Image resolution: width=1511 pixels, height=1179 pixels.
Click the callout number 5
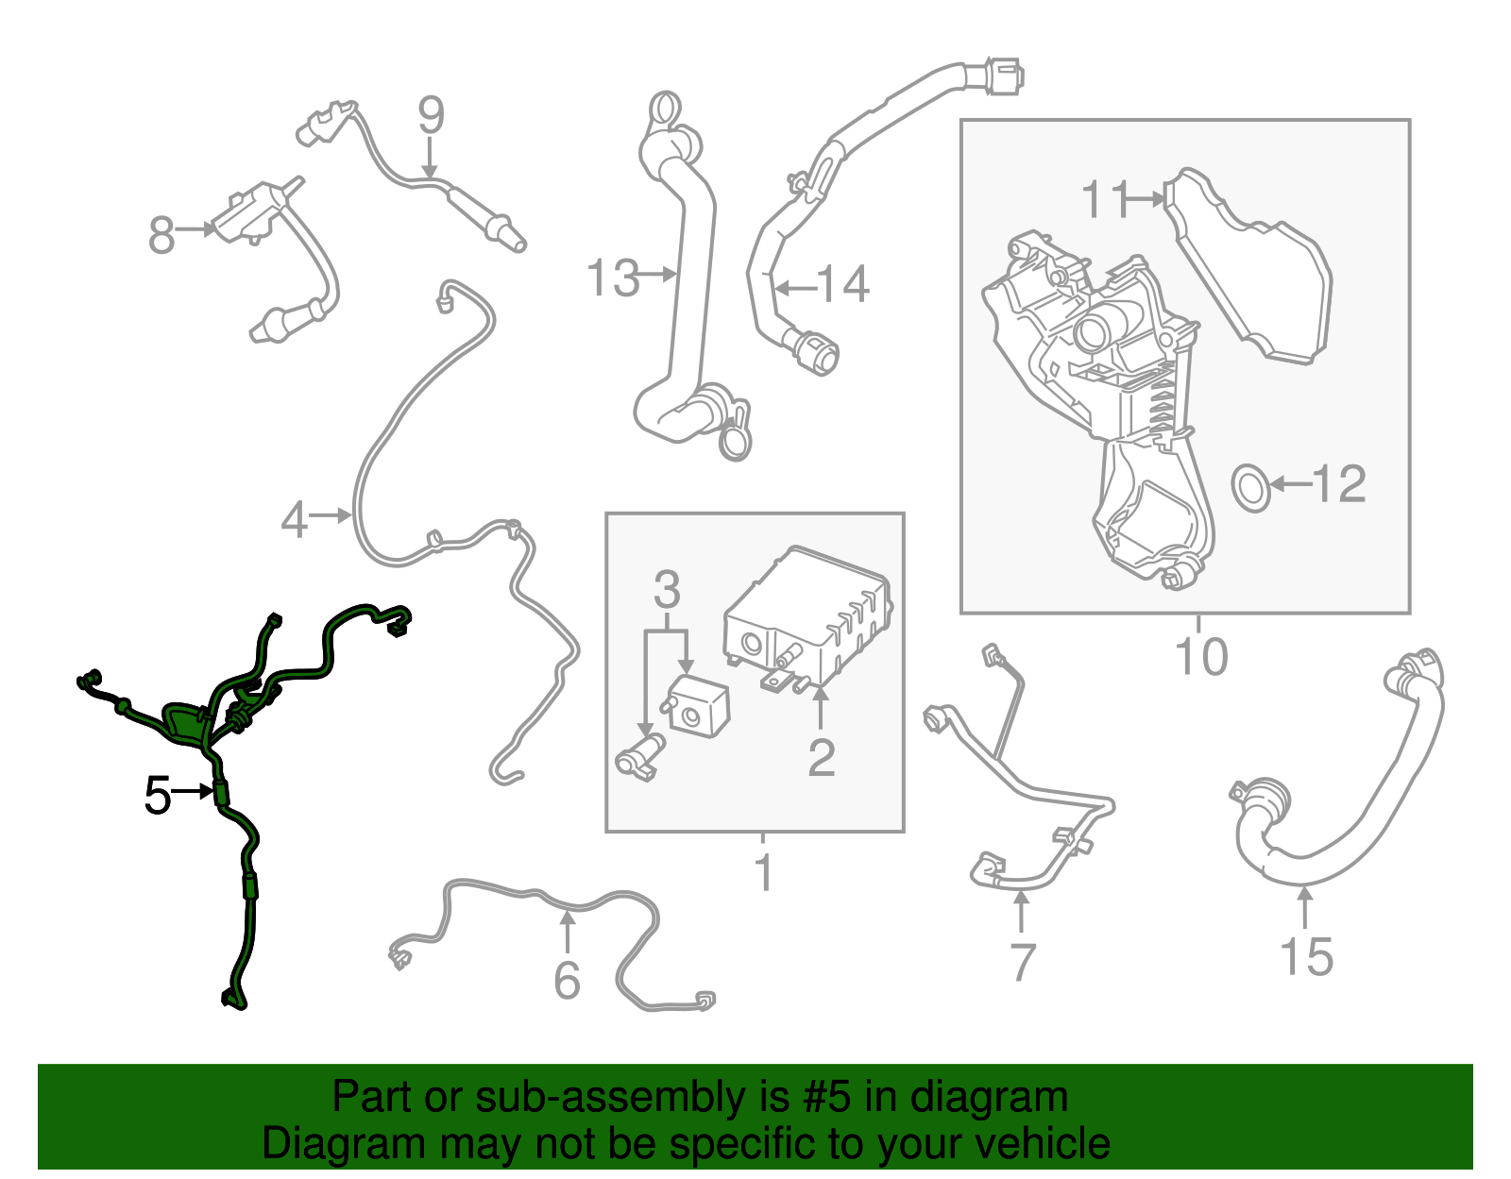157,795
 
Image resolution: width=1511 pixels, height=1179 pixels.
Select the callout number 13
613,278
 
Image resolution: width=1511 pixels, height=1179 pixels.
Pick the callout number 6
567,981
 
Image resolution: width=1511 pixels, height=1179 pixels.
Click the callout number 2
822,758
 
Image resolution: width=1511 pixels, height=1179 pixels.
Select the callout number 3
667,589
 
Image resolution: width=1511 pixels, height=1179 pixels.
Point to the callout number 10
1201,656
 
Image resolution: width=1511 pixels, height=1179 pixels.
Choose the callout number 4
294,520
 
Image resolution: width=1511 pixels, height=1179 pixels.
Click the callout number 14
842,284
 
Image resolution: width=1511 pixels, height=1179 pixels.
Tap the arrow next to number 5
192,791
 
